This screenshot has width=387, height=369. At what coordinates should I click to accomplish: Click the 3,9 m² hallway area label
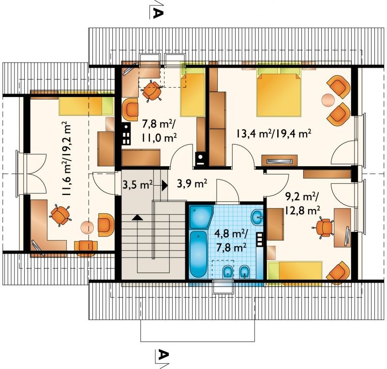click(x=192, y=183)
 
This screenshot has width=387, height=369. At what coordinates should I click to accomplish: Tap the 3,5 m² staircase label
click(x=137, y=184)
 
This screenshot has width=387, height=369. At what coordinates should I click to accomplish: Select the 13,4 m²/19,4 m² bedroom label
click(x=273, y=134)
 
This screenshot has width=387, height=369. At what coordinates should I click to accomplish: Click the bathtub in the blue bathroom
click(x=198, y=254)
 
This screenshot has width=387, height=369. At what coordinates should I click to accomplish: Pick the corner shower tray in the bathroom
click(x=201, y=217)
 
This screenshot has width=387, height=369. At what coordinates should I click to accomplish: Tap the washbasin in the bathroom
click(x=257, y=217)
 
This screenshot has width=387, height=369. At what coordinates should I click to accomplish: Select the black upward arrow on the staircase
click(x=137, y=217)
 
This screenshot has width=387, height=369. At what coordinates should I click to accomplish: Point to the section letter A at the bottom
click(x=163, y=355)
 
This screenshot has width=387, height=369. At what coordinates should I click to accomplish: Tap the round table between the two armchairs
click(x=328, y=100)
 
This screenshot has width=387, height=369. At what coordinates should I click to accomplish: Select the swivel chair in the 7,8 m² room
click(x=151, y=90)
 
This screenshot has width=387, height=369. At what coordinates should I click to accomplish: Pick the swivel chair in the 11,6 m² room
click(x=60, y=215)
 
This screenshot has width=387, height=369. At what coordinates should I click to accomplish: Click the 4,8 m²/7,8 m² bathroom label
click(x=231, y=240)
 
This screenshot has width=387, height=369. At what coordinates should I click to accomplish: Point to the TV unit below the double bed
click(x=280, y=160)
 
